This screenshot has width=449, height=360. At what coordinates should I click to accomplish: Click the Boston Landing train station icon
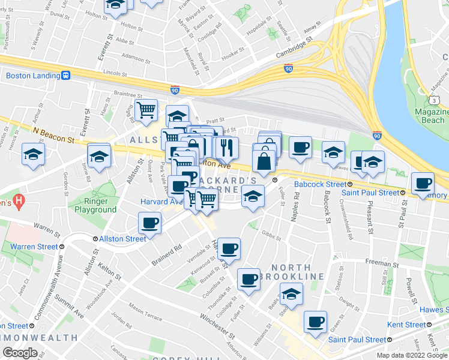(65, 76)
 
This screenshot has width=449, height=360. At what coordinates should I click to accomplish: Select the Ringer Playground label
(95, 206)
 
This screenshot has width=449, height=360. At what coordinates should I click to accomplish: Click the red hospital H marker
(19, 202)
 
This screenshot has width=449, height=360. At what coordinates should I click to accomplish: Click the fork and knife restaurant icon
(226, 147)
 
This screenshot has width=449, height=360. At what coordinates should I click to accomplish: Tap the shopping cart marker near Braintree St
(146, 110)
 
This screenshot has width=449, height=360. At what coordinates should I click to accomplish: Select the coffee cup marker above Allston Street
(149, 223)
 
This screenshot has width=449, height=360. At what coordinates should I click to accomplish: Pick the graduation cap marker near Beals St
(292, 293)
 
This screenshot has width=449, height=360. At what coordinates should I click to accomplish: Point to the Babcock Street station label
(319, 185)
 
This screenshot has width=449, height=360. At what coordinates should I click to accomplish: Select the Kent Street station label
(407, 325)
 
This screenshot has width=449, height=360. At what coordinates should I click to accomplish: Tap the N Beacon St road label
(53, 134)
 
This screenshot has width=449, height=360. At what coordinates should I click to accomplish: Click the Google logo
(19, 352)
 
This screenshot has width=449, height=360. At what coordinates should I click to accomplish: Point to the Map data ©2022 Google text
(412, 355)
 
